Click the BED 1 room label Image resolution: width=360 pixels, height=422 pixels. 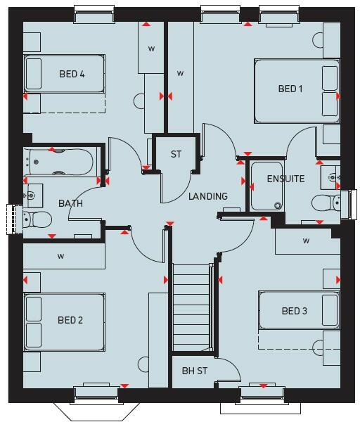290,89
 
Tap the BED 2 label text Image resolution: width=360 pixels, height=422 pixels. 70,321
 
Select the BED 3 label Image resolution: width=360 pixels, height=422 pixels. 294,311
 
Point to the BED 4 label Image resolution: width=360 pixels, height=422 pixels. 72,74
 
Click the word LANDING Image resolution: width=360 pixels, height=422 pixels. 207,196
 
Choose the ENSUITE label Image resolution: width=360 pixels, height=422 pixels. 285,179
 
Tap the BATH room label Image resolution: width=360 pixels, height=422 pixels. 70,204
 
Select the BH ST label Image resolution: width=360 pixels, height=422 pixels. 194,371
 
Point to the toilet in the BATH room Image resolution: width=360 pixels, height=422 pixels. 37,219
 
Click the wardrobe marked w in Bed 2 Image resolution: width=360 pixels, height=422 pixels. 62,257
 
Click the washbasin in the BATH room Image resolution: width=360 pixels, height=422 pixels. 32,194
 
